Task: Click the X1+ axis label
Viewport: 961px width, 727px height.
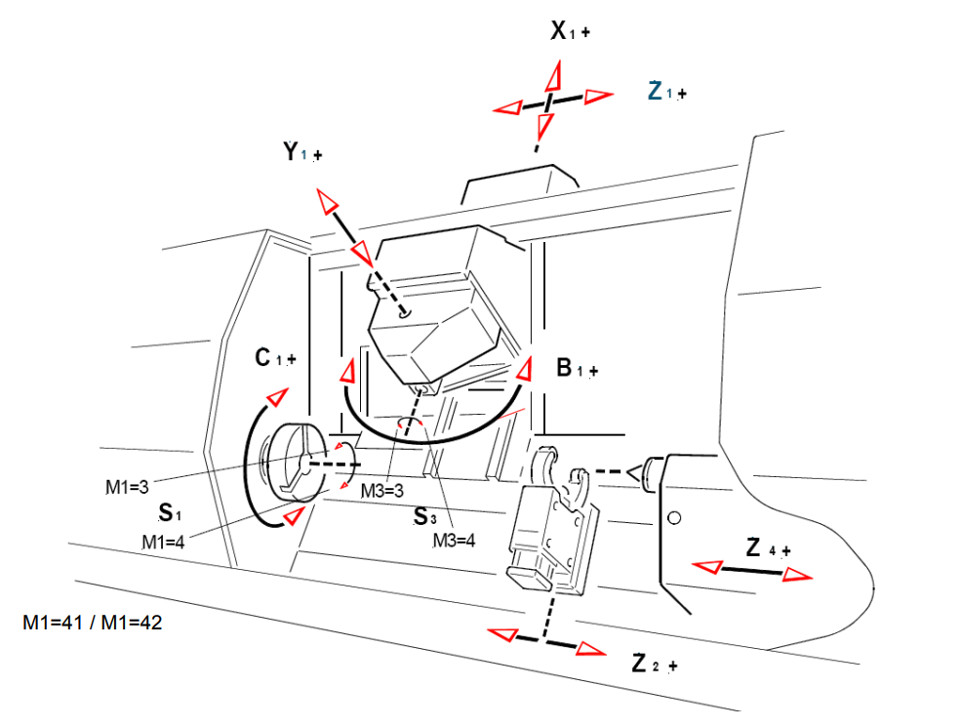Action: tap(571, 31)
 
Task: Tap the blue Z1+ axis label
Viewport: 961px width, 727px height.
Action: tap(667, 92)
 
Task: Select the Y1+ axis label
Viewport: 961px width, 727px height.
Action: tap(302, 153)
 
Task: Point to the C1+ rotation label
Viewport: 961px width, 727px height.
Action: tap(275, 358)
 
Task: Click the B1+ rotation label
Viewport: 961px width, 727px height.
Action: tap(577, 369)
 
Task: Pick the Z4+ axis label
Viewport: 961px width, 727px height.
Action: tap(768, 548)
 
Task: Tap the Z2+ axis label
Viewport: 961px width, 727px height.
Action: tap(654, 665)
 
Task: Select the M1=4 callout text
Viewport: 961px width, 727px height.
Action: tap(164, 541)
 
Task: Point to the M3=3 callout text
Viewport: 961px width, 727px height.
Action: tap(381, 490)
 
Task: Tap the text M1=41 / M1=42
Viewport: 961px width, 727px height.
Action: tap(92, 622)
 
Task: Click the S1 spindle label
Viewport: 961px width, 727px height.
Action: tap(171, 511)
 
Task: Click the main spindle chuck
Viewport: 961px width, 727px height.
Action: tap(292, 464)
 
